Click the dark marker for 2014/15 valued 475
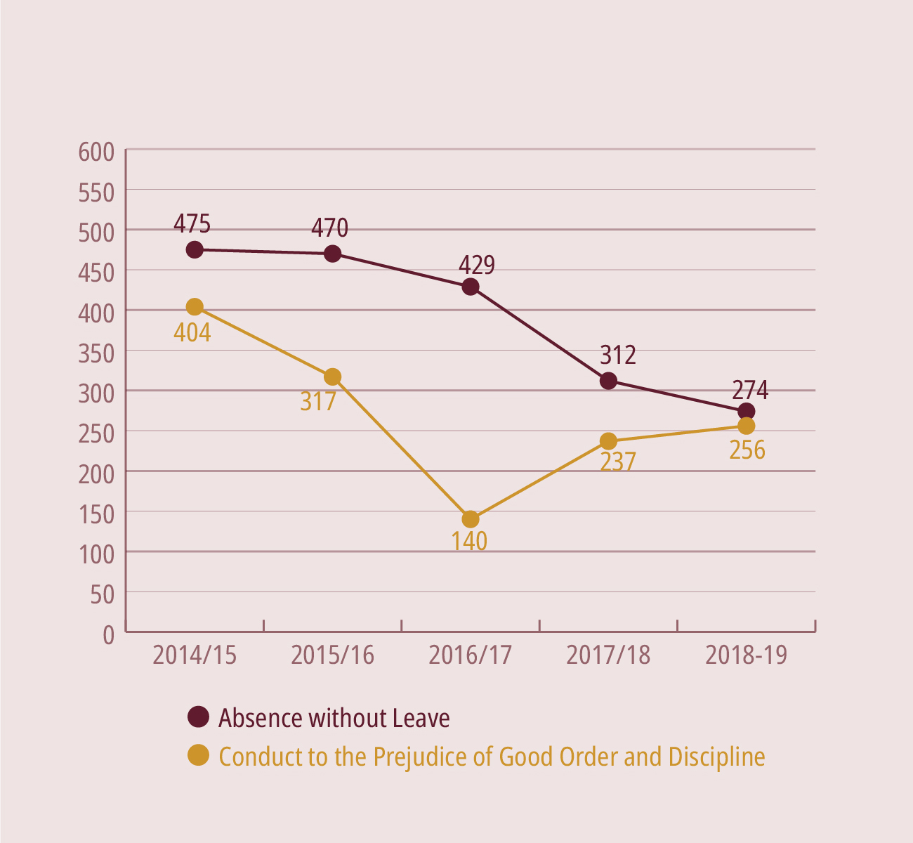(x=195, y=249)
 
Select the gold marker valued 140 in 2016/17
(x=471, y=519)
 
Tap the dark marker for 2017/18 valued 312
(x=608, y=381)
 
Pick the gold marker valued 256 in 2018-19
(x=747, y=426)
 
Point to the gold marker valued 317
(x=333, y=377)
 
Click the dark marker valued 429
(x=471, y=287)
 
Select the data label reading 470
(x=329, y=228)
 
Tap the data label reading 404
(x=192, y=332)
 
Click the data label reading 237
(x=618, y=462)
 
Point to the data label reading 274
(x=750, y=390)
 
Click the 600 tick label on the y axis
(x=96, y=152)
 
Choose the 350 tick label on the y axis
(x=96, y=353)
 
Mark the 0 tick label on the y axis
(x=107, y=635)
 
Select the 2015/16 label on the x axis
(x=332, y=655)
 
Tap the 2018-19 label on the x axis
(x=747, y=655)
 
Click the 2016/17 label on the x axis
(x=471, y=655)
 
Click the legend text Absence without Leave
(x=334, y=718)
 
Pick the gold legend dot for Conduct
(x=199, y=755)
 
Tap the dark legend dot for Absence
(x=199, y=717)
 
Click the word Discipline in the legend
(x=716, y=757)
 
